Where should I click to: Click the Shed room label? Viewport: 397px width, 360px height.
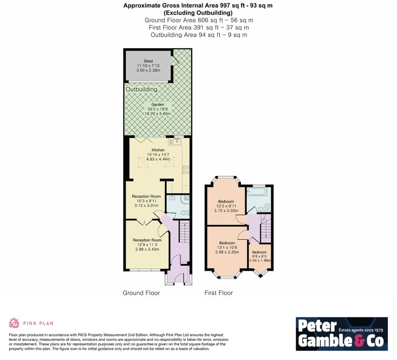148,61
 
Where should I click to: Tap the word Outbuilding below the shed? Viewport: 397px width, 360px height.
141,89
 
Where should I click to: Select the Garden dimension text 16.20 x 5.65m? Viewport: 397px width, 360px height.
158,114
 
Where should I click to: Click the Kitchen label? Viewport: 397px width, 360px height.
158,150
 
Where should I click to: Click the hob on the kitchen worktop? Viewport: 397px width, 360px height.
186,170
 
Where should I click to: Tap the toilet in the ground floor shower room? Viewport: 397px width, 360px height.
186,213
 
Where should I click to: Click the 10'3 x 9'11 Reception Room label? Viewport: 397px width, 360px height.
146,197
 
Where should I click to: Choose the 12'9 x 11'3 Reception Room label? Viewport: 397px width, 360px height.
147,240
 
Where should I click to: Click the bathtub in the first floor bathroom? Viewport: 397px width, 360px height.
257,192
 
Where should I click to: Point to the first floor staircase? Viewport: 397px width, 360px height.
265,229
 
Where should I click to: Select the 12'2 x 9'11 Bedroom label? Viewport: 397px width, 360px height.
226,201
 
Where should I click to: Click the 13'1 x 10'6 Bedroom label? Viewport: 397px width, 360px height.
227,243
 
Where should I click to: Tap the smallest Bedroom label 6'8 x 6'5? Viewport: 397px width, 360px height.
259,252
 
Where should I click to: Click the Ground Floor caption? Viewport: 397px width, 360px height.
141,293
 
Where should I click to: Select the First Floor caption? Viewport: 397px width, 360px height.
219,293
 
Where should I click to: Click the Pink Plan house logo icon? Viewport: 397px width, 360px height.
14,323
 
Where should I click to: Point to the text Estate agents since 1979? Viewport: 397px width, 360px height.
361,330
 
